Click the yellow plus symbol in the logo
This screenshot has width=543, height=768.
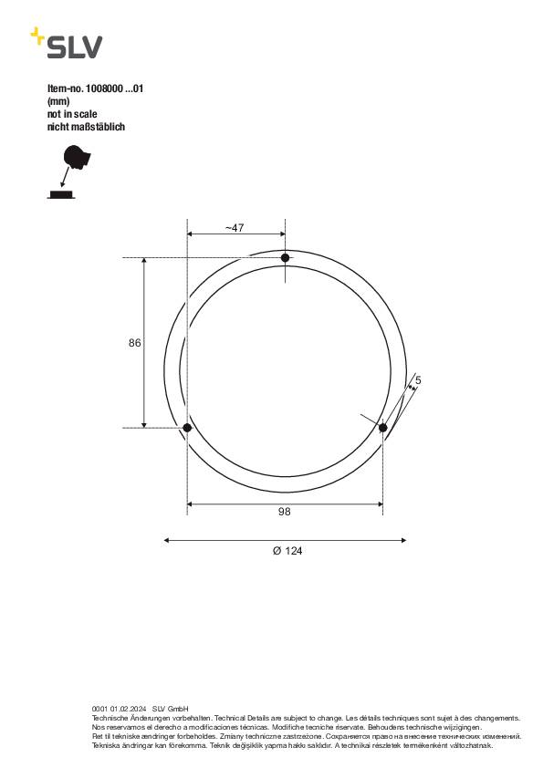(37, 35)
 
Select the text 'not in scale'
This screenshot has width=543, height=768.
(72, 115)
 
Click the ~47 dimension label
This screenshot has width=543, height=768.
(235, 228)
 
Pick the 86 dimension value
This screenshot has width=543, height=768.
(134, 343)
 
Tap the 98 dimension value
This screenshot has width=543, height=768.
(285, 512)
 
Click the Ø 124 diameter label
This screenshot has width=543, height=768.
(286, 551)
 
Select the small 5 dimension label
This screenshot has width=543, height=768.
(417, 379)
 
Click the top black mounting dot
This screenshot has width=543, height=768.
(285, 258)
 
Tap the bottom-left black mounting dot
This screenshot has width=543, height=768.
(187, 427)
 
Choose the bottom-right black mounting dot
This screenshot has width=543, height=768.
(383, 427)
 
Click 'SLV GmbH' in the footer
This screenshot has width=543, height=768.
(170, 709)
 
